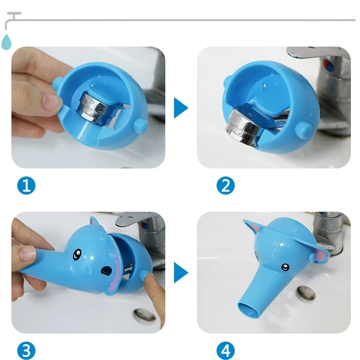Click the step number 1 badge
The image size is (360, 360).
point(27,185)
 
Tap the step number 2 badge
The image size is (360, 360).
point(226,185)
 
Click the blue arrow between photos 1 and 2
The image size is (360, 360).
point(181,108)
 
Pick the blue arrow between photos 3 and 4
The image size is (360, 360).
point(181,273)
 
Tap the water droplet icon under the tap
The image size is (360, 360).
point(6,42)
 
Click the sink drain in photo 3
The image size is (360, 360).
point(144,315)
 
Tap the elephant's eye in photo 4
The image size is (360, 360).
point(285,267)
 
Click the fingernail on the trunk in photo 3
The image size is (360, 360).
point(27,254)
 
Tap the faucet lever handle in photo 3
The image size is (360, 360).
point(135,218)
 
